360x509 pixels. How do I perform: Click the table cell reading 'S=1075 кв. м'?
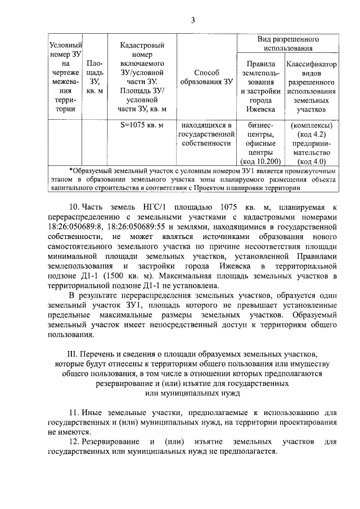pyautogui.click(x=142, y=125)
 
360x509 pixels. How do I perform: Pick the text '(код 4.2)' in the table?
pyautogui.click(x=311, y=134)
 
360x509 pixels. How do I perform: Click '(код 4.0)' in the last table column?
pyautogui.click(x=311, y=161)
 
